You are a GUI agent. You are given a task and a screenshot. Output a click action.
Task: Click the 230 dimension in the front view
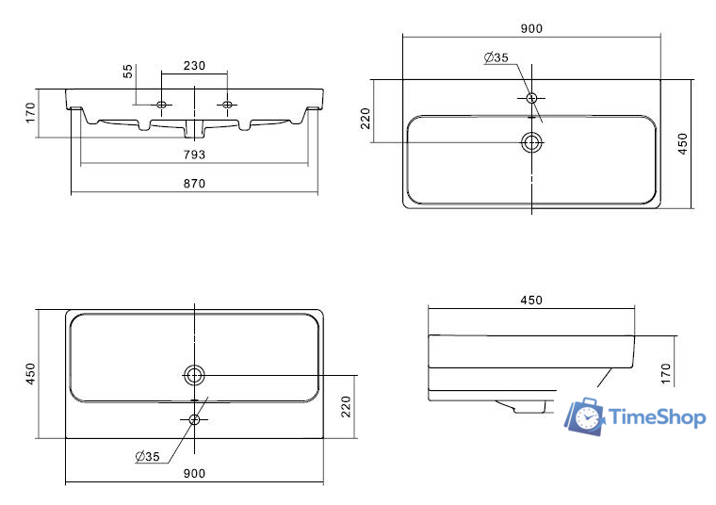[194, 66]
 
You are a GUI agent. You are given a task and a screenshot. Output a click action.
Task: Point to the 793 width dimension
[194, 154]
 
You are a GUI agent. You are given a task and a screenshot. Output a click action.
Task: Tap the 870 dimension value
[194, 183]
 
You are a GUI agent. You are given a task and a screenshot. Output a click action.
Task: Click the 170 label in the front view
[30, 112]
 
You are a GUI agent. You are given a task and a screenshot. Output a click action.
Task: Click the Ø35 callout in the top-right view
[496, 58]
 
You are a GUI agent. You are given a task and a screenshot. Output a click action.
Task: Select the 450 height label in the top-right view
[684, 143]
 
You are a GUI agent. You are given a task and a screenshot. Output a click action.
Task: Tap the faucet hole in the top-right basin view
[532, 97]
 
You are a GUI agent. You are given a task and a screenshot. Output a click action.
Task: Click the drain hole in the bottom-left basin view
[195, 374]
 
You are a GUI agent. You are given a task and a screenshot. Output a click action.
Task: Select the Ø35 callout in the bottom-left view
[149, 457]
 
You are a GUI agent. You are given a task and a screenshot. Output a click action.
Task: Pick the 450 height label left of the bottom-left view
[30, 374]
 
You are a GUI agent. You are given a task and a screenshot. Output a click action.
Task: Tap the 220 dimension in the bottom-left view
[347, 405]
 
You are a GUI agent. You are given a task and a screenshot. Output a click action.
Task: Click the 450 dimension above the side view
[531, 301]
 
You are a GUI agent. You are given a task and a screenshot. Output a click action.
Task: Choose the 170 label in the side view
[665, 373]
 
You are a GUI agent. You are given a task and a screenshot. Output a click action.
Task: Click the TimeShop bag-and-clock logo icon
[584, 415]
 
